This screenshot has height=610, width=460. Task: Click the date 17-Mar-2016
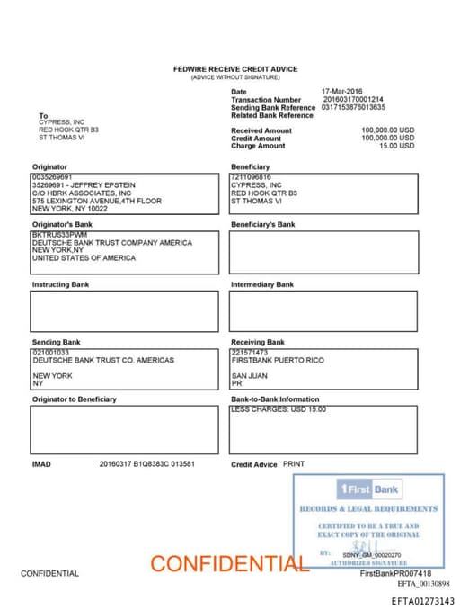341,92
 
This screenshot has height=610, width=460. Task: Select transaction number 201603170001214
352,100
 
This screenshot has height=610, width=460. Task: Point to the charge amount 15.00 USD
396,146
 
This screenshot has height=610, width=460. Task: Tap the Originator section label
49,167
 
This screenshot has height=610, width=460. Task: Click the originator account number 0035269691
51,177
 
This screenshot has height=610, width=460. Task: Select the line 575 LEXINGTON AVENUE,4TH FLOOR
97,201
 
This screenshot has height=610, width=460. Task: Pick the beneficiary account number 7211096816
251,177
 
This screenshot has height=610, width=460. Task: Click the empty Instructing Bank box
124,311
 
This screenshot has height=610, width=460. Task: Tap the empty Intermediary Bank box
323,311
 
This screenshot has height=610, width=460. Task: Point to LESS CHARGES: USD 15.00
279,409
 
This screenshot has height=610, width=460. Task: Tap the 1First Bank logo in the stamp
369,489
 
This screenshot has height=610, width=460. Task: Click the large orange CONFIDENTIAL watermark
229,564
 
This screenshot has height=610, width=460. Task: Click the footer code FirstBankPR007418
395,573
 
